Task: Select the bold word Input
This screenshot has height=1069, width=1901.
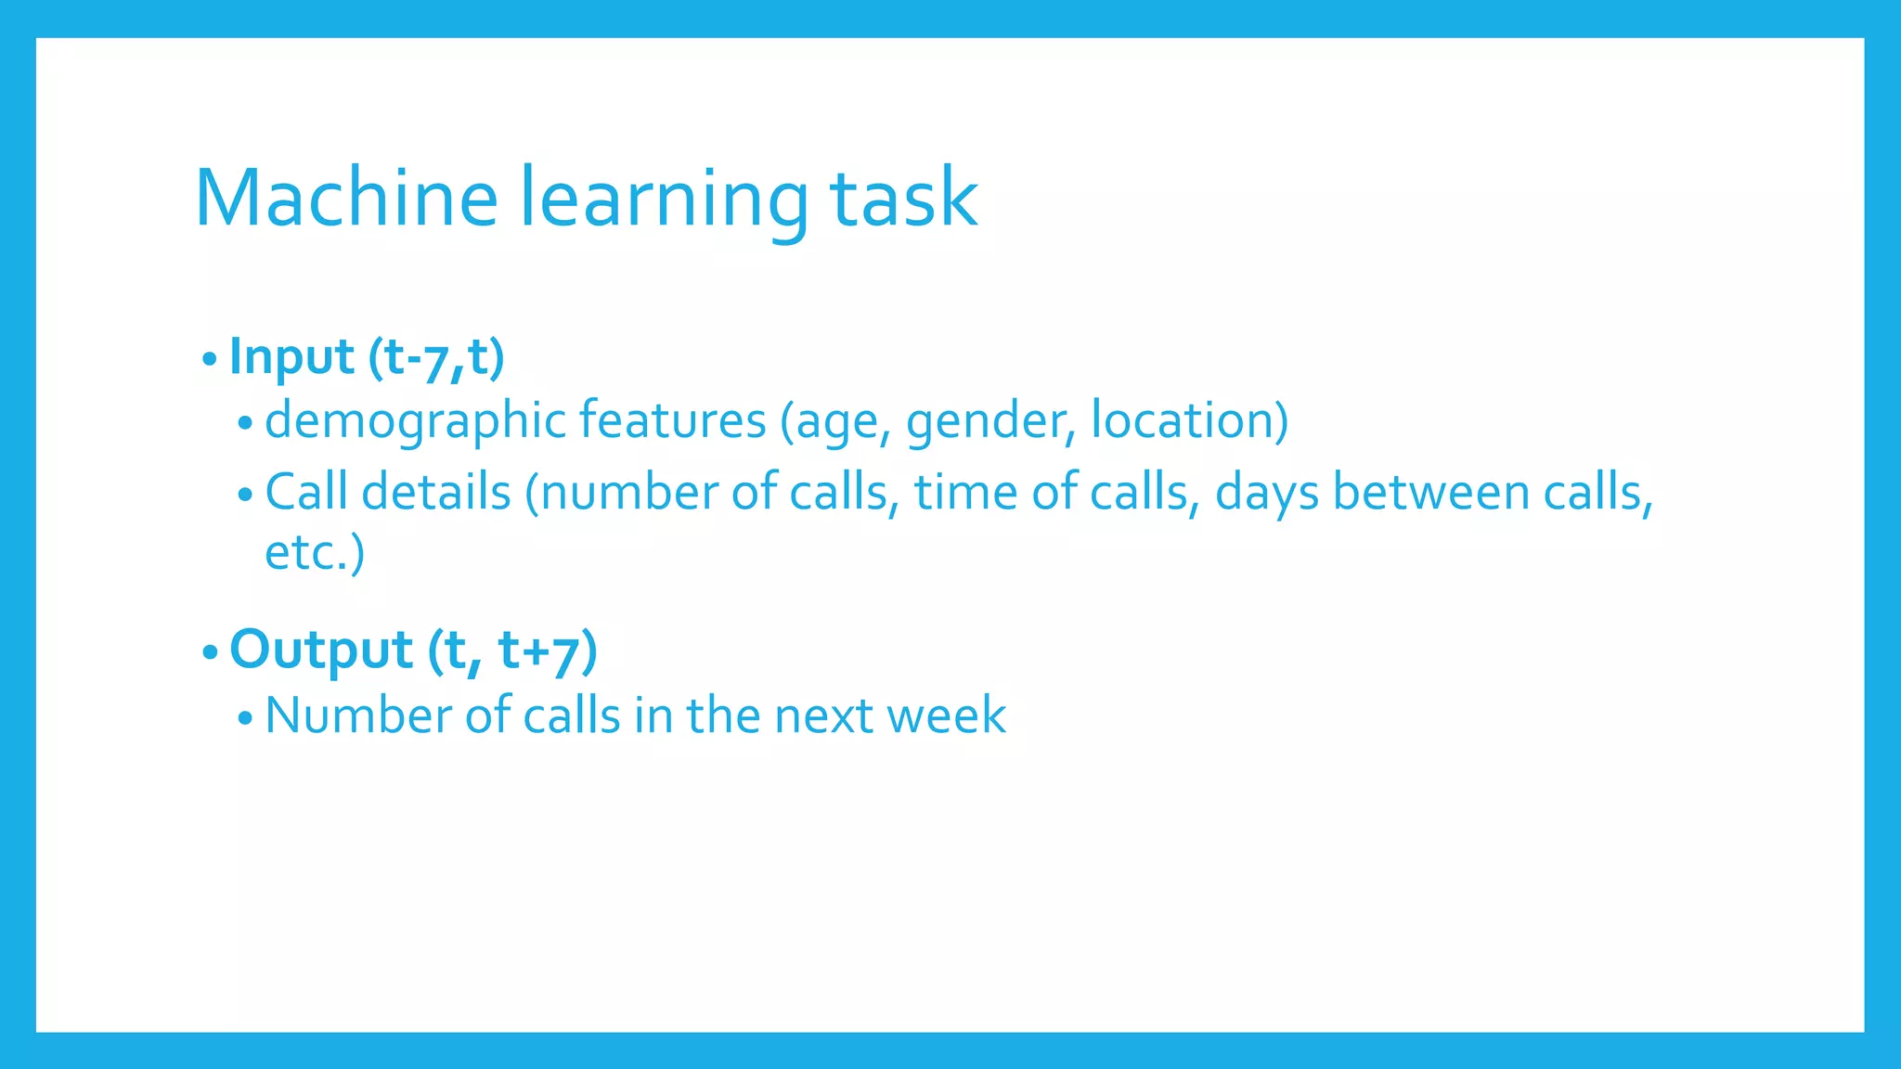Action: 291,357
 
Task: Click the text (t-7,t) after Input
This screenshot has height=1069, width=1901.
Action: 436,357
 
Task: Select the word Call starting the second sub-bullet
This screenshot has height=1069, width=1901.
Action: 306,492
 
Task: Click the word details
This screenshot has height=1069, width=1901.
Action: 435,492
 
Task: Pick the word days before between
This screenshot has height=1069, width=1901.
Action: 1266,493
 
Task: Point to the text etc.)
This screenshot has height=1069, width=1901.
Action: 315,553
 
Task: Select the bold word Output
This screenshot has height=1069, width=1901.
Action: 320,650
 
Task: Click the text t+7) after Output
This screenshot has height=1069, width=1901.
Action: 548,650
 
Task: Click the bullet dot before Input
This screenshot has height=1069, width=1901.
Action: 210,358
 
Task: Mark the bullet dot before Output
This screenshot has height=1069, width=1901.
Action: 210,651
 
